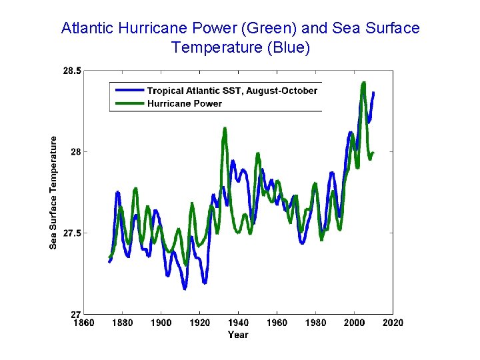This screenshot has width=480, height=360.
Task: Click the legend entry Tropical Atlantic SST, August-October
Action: point(232,91)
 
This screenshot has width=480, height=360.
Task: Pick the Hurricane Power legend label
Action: point(185,103)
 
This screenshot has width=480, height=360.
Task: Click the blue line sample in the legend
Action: point(129,90)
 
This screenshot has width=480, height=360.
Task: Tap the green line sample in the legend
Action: point(129,103)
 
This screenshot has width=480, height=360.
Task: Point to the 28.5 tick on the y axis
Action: point(72,71)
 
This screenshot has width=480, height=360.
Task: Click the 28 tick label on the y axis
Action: point(75,152)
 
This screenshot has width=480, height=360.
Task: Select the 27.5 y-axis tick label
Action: point(72,233)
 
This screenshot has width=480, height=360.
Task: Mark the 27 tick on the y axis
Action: point(75,314)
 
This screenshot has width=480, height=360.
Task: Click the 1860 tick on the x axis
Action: point(83,323)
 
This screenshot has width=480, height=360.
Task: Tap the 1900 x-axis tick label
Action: point(161,323)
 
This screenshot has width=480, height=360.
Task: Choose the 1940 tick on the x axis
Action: point(238,323)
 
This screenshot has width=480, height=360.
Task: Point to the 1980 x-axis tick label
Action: point(315,323)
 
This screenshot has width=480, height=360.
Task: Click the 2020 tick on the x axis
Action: point(393,323)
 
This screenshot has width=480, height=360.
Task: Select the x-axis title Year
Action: point(238,335)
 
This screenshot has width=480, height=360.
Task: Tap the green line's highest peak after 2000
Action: point(363,83)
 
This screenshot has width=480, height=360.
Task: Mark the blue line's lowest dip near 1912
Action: point(185,288)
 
